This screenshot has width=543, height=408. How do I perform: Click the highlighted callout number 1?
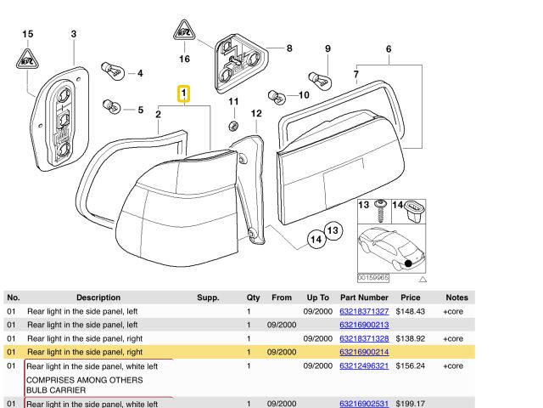183,93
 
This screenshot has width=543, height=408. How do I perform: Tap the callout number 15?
27,34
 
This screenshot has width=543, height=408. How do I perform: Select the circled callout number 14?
316,240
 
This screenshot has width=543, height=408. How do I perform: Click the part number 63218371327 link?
363,312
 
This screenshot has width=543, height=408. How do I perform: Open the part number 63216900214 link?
363,351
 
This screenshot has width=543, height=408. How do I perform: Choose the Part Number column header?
363,298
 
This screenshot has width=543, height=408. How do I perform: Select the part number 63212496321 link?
363,365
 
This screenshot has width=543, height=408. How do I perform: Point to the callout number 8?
288,48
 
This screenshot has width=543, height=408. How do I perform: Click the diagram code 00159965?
372,277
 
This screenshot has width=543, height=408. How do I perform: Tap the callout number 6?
389,48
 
